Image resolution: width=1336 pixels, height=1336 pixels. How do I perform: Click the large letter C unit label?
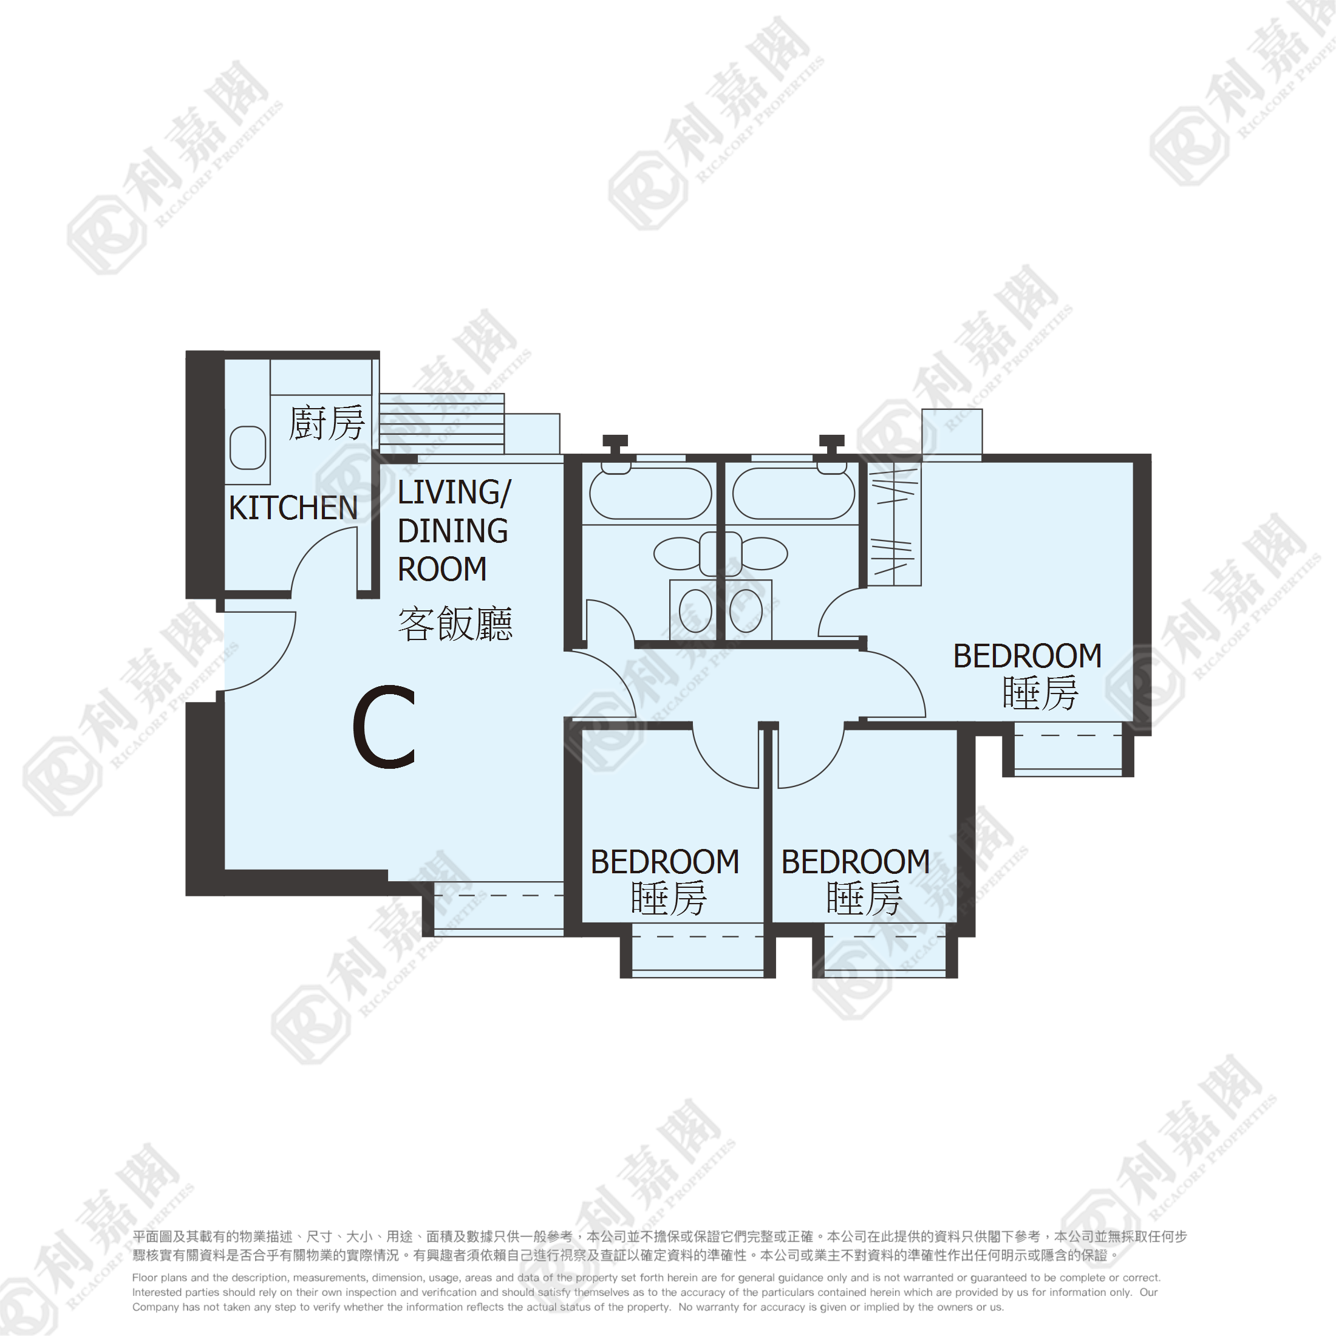tap(384, 727)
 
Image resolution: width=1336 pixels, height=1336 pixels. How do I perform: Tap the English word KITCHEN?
tap(293, 508)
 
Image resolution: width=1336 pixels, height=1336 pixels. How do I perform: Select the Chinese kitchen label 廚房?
tap(326, 423)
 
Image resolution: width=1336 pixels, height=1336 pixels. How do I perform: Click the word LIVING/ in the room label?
tap(454, 493)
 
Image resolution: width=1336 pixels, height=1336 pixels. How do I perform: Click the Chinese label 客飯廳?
tap(455, 624)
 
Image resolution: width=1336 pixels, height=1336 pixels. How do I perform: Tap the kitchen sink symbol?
tap(248, 448)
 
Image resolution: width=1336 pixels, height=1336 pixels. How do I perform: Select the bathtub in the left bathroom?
tap(650, 494)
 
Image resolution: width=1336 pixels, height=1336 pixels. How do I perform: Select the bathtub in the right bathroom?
tap(794, 494)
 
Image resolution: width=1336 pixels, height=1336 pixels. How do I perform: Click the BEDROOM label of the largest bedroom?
tap(1028, 656)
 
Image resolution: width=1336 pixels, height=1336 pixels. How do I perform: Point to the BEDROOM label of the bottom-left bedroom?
tap(665, 862)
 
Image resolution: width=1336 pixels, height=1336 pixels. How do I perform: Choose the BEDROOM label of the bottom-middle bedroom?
tap(856, 862)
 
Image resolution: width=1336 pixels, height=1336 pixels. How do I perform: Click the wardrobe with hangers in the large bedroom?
tap(894, 523)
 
